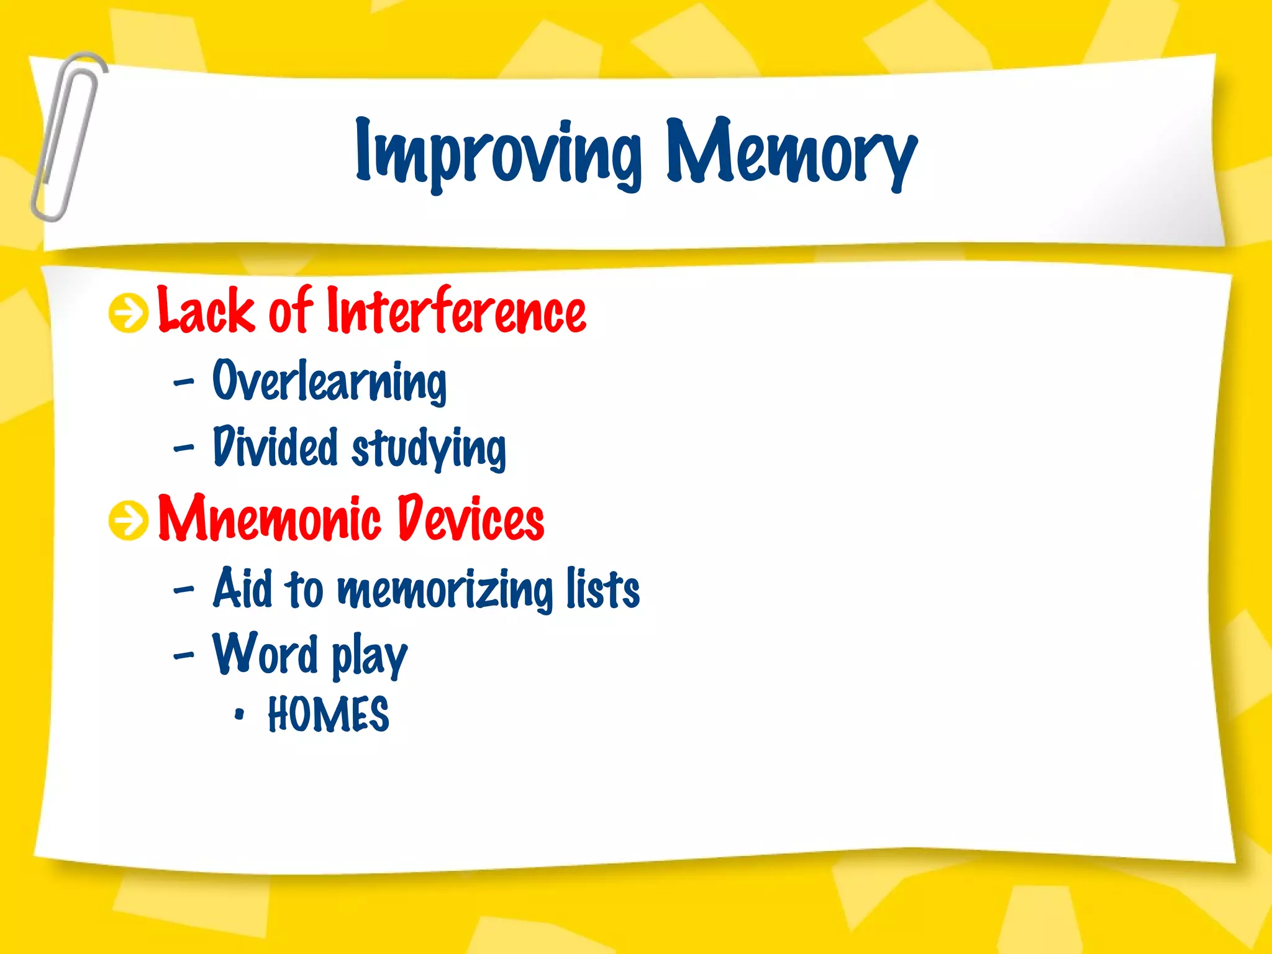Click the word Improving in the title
pyautogui.click(x=497, y=152)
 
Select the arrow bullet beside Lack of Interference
pyautogui.click(x=129, y=313)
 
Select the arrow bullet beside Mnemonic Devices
pyautogui.click(x=129, y=520)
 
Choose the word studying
pyautogui.click(x=429, y=448)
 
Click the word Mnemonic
pyautogui.click(x=270, y=518)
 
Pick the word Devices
pyautogui.click(x=470, y=518)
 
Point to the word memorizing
pyautogui.click(x=445, y=590)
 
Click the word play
pyautogui.click(x=369, y=657)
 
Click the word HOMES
pyautogui.click(x=328, y=714)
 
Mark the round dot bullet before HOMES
pyautogui.click(x=239, y=715)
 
